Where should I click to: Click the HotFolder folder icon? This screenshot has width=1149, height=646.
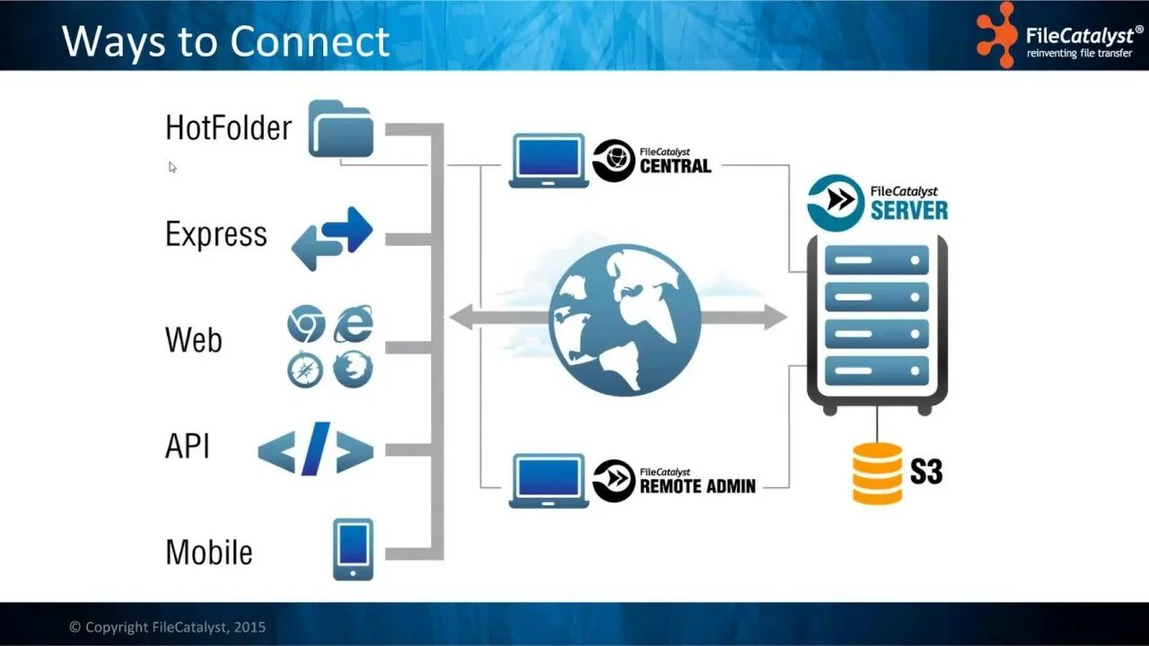pos(340,129)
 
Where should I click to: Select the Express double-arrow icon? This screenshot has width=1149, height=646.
pos(331,238)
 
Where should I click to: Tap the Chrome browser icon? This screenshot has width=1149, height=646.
pos(306,324)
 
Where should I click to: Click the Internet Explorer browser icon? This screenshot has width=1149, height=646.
pos(353,324)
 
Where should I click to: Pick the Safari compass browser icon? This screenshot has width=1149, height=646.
pos(306,369)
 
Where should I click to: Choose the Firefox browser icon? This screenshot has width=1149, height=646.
pos(353,369)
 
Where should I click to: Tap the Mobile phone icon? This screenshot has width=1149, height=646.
pos(353,548)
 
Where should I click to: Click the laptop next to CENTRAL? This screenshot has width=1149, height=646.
pos(548,161)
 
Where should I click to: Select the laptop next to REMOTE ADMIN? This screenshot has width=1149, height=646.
pos(548,481)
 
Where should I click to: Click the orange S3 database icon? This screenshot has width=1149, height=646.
pos(877,473)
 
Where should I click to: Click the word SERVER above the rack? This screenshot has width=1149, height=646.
pos(908,210)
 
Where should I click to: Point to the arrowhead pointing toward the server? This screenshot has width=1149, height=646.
pos(775,317)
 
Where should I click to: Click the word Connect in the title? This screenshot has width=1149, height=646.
pos(310,41)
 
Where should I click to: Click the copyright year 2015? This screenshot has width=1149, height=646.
pos(250,627)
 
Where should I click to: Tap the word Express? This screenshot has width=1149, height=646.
pos(216,234)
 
